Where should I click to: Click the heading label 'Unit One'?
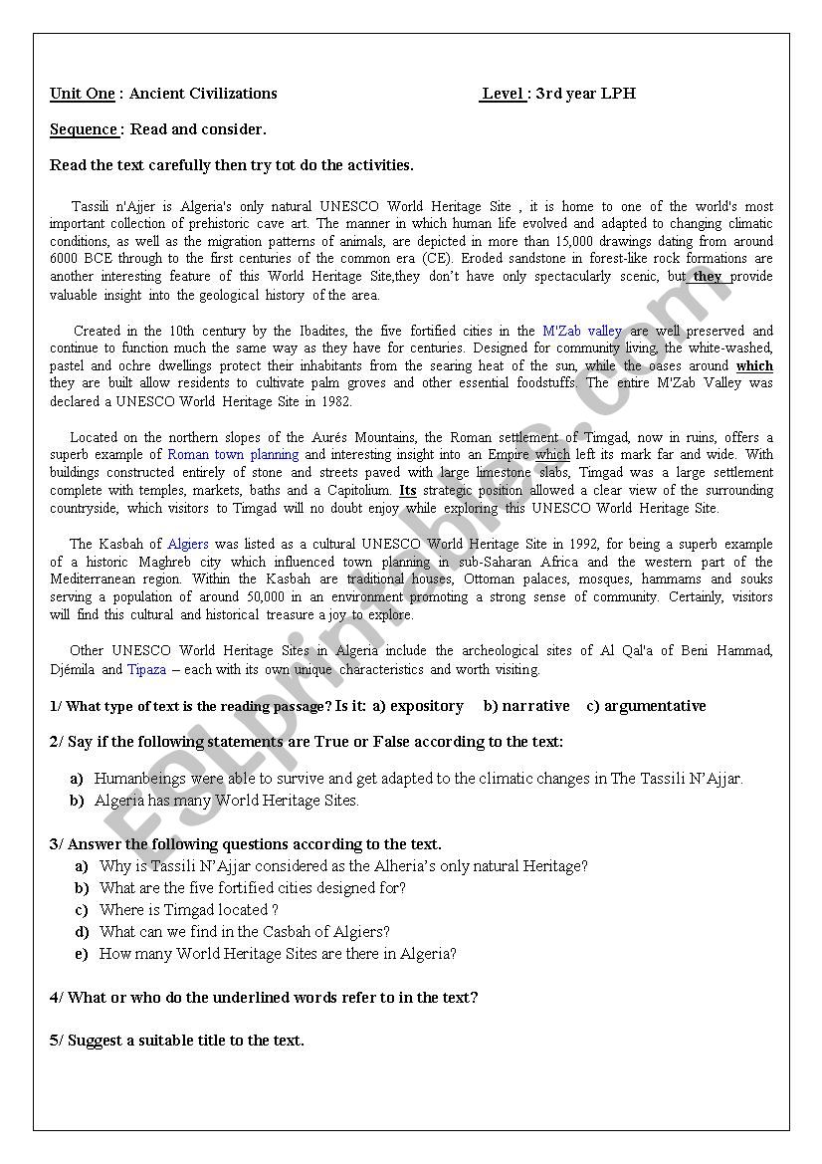point(83,94)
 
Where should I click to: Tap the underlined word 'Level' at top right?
point(504,94)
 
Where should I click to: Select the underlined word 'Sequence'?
point(84,129)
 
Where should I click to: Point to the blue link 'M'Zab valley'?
point(582,331)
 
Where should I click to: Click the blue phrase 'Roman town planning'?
point(233,454)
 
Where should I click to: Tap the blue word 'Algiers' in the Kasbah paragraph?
point(188,544)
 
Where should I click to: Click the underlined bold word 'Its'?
point(408,490)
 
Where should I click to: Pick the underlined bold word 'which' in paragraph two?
point(754,366)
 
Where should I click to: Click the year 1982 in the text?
point(336,402)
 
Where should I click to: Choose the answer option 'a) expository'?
point(418,706)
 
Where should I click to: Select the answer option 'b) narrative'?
point(526,706)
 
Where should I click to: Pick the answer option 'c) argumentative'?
point(646,706)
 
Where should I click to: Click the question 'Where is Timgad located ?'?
point(189,910)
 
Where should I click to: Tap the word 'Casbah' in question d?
point(308,932)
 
